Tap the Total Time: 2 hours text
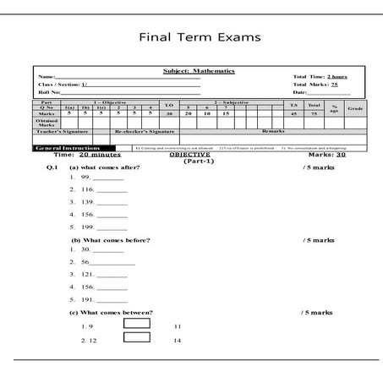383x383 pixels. pos(320,77)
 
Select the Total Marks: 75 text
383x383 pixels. pos(315,85)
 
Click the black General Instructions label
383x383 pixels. pos(60,147)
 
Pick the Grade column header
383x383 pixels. pos(355,108)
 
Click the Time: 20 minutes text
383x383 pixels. pos(87,155)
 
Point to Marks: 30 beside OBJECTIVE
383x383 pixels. pos(327,155)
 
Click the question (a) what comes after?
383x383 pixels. pos(105,167)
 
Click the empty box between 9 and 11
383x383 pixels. pos(137,323)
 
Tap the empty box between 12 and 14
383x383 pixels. pos(137,337)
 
